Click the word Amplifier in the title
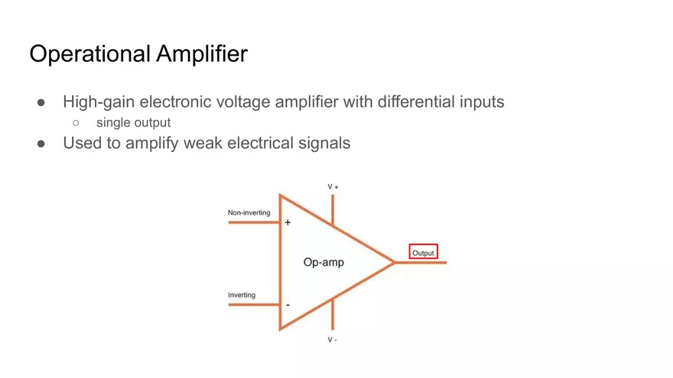click(203, 55)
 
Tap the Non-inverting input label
click(249, 212)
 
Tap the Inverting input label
click(242, 295)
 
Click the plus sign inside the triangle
click(288, 222)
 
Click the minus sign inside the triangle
click(288, 305)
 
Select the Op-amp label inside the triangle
click(323, 263)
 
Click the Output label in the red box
click(423, 253)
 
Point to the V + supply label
click(333, 186)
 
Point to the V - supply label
click(333, 339)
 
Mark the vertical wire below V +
click(333, 208)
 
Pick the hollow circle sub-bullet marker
click(76, 122)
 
